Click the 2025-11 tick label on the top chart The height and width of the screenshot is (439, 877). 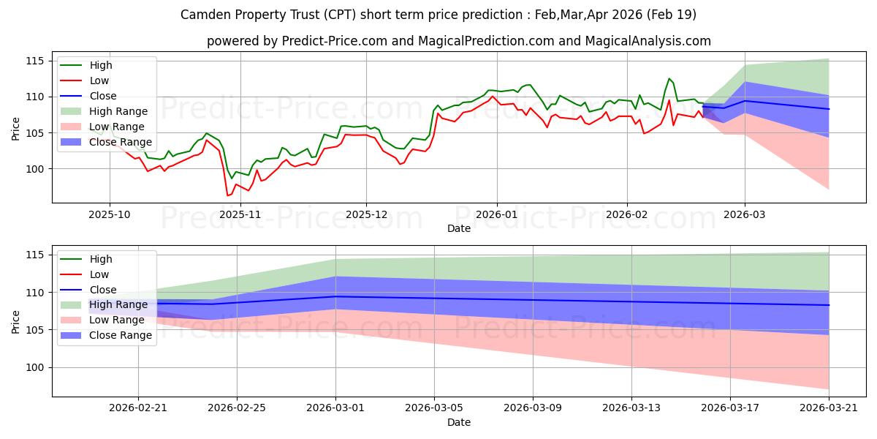[240, 215]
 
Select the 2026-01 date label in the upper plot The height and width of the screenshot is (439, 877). [496, 215]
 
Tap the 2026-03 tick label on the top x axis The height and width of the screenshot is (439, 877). [744, 215]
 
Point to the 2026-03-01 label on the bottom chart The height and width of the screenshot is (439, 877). [335, 408]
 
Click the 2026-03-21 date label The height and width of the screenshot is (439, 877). [829, 408]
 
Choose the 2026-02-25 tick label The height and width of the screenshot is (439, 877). [237, 408]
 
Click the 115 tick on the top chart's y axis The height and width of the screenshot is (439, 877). [34, 61]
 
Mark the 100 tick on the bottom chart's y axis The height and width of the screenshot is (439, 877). [34, 367]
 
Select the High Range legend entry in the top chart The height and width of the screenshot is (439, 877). [104, 111]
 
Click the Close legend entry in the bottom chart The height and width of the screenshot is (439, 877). [88, 290]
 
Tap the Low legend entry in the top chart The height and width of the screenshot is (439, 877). [85, 80]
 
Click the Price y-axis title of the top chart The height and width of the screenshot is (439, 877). [15, 129]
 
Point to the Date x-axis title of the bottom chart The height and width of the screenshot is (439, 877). [459, 422]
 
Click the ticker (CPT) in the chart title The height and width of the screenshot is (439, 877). [339, 15]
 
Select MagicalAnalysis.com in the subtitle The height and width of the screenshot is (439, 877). [648, 41]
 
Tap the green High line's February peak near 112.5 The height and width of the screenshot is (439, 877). [669, 78]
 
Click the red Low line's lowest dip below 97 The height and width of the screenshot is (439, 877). [227, 195]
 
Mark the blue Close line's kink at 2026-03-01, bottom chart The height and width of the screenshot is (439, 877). [335, 296]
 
